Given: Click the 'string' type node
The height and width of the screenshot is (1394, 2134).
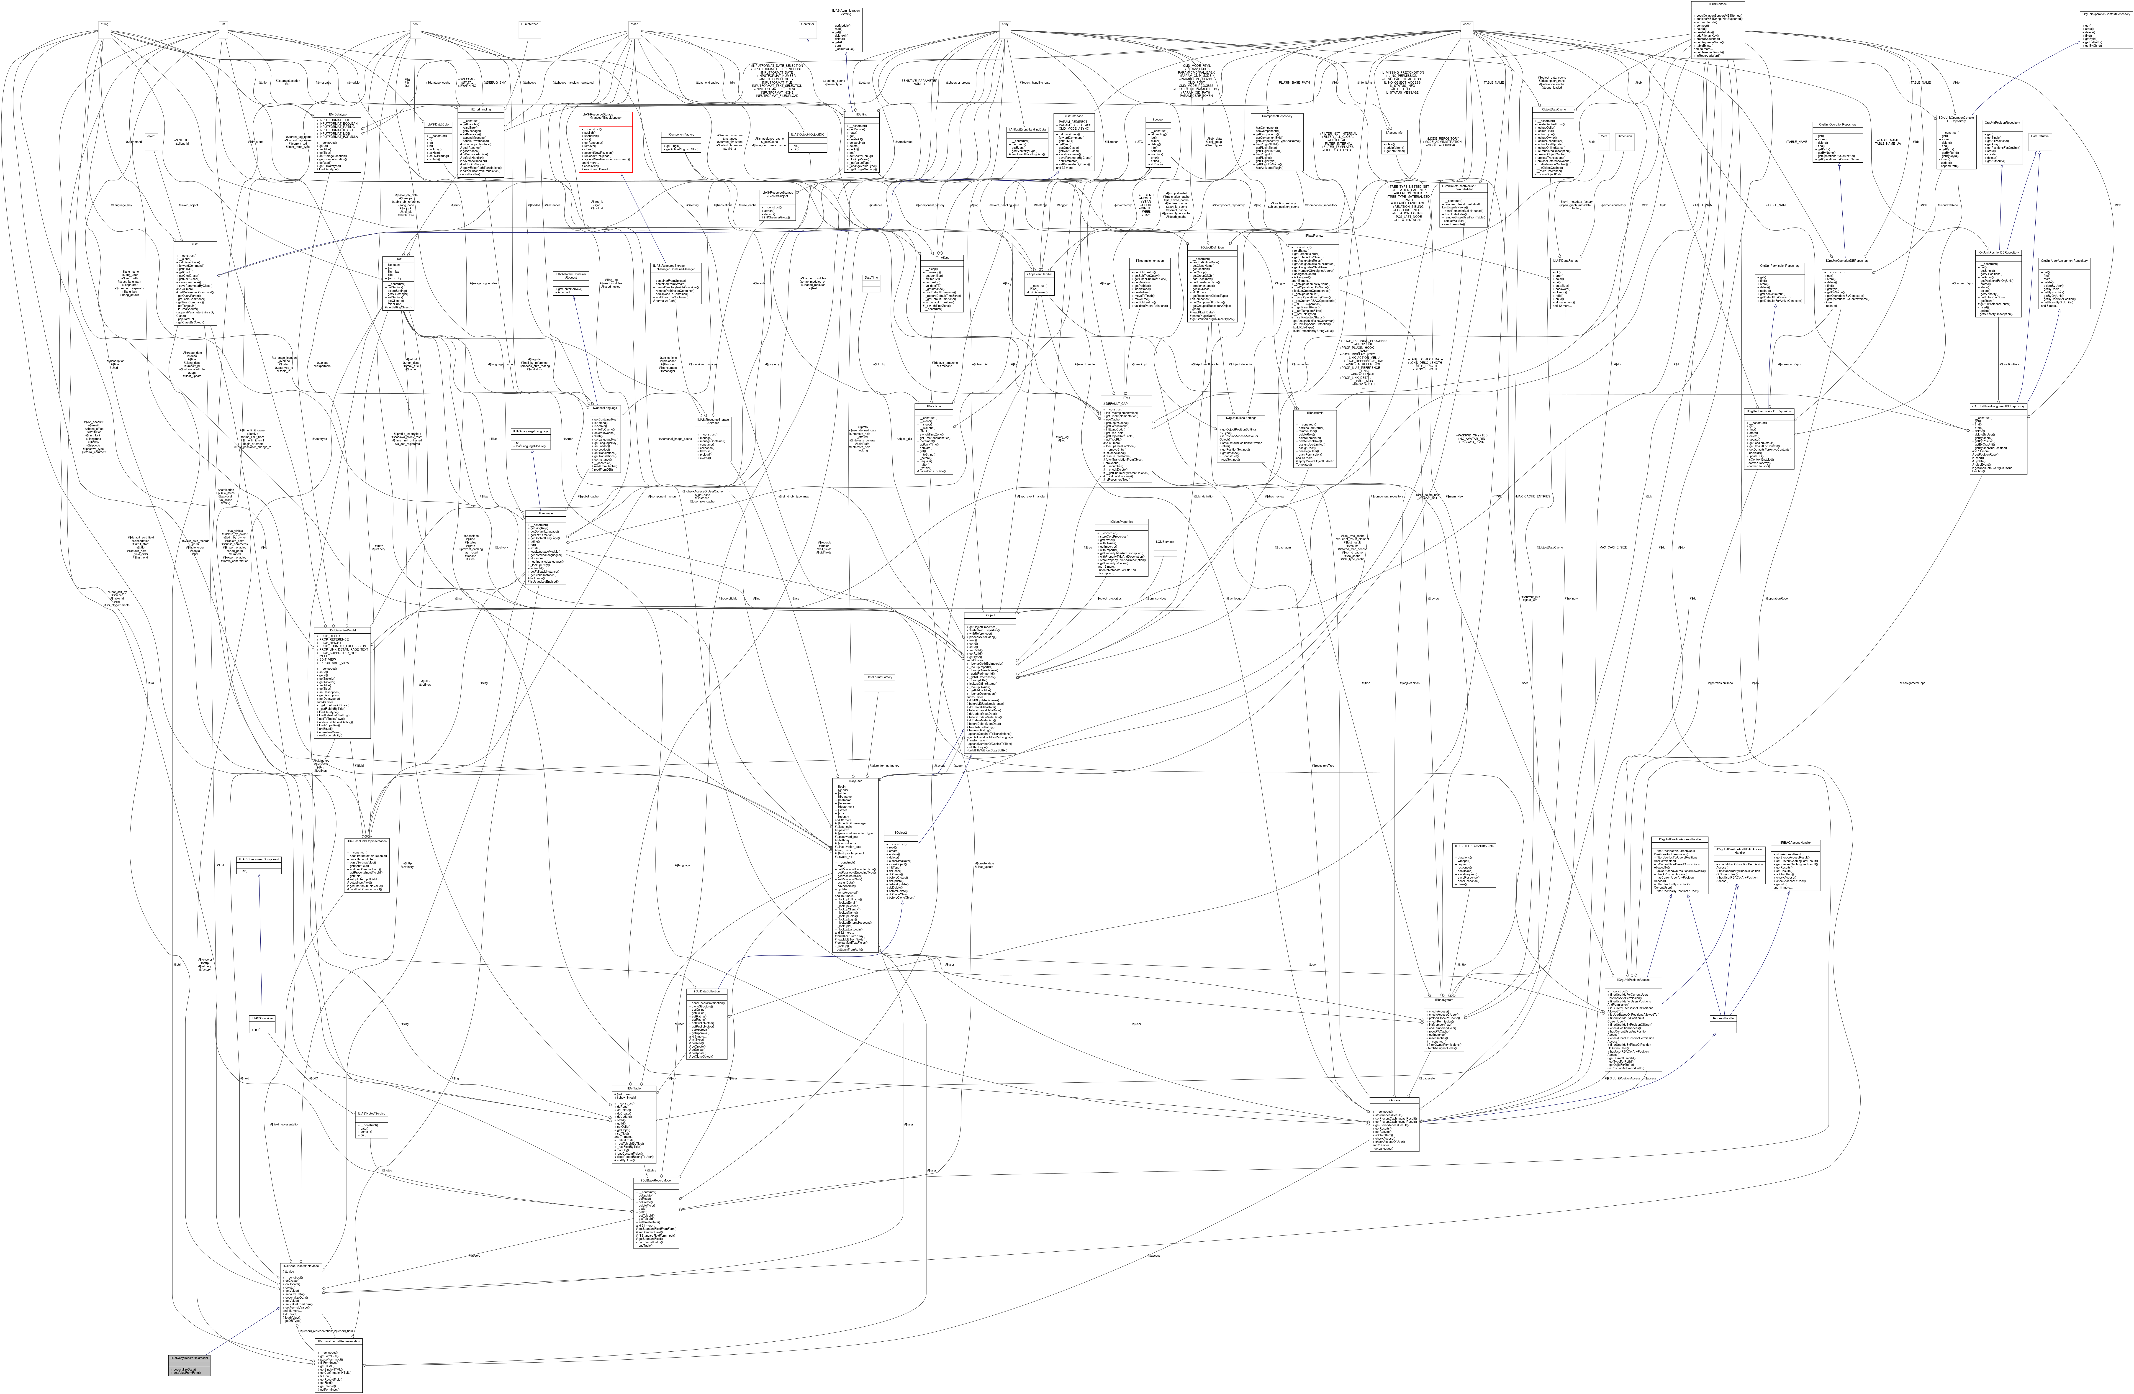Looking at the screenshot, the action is tap(104, 24).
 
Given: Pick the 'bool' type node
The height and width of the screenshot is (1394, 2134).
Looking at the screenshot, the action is tap(415, 24).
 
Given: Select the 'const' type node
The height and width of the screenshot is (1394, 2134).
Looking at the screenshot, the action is tap(1466, 24).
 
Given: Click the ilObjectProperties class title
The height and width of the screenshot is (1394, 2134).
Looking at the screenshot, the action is tap(1121, 522).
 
